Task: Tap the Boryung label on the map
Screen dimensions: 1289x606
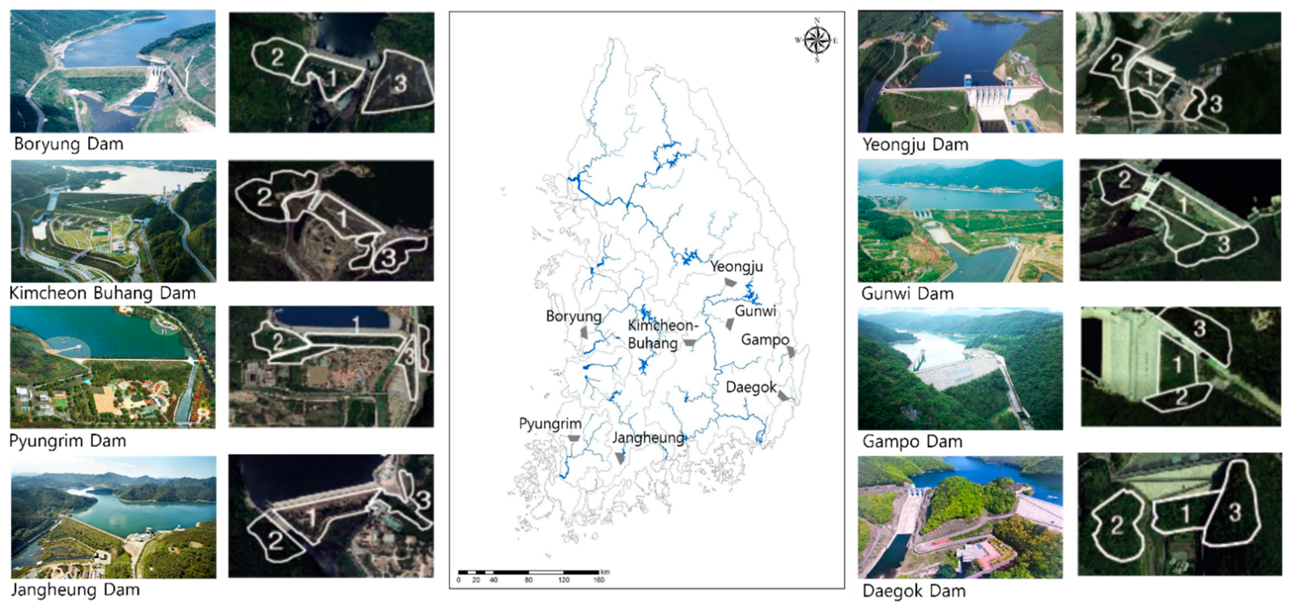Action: (574, 317)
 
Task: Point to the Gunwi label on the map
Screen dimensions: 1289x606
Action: (755, 311)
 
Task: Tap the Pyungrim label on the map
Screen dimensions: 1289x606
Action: (550, 424)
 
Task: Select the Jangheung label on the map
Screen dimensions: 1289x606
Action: (648, 438)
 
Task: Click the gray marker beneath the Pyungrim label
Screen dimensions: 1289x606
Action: (574, 439)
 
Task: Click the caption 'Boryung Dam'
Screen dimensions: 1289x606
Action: (69, 144)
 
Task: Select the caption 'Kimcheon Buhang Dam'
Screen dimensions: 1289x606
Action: (102, 293)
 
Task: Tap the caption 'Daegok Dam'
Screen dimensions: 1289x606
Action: (914, 591)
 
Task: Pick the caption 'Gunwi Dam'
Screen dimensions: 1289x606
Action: (907, 293)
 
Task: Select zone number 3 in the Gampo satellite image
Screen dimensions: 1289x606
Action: (1200, 328)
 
